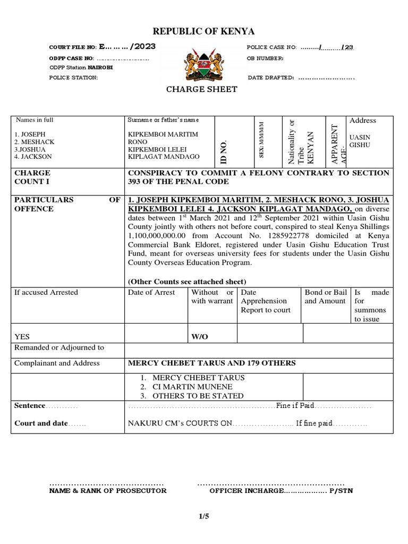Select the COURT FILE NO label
coord(73,47)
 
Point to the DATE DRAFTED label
coord(271,78)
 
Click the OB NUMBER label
coord(265,58)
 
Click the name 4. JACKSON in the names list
coord(33,157)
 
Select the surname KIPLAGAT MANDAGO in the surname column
coord(160,157)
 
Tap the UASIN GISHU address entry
coord(359,140)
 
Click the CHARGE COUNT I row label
coord(33,177)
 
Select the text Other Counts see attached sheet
coord(187,281)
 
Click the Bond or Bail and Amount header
coord(325,297)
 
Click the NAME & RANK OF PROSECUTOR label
coord(108,491)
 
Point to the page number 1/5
coord(204,522)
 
